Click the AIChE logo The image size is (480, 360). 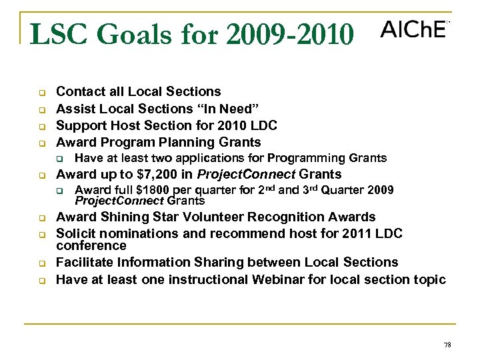(x=413, y=30)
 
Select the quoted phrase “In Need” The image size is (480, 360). (x=223, y=109)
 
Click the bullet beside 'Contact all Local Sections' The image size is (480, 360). (x=41, y=93)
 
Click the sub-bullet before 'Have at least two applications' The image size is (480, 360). (x=59, y=159)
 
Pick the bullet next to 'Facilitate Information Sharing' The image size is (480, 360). (x=41, y=263)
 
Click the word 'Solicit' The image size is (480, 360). (x=75, y=233)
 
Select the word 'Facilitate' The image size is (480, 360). (x=86, y=263)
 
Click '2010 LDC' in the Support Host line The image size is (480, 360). (x=250, y=125)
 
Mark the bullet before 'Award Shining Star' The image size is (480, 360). (x=41, y=218)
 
